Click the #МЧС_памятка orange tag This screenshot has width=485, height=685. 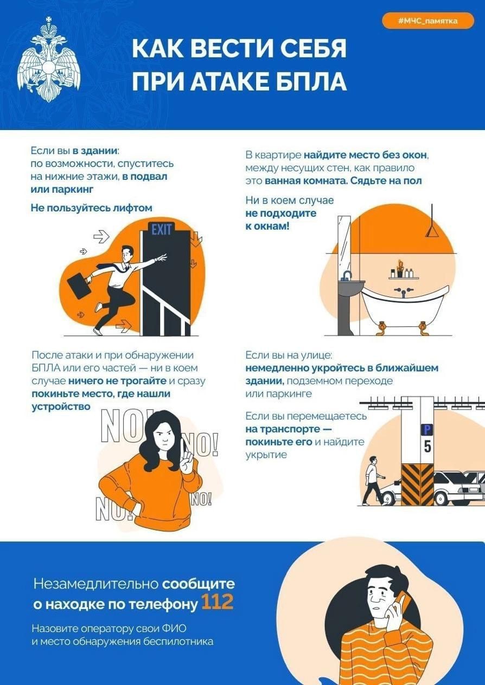[428, 21]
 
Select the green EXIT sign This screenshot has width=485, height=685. [161, 230]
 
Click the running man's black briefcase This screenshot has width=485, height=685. [79, 284]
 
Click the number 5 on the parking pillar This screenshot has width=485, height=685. [427, 447]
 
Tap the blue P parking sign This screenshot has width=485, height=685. [427, 430]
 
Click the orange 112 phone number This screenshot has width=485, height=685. [217, 602]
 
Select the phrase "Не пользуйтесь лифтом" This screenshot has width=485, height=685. [92, 208]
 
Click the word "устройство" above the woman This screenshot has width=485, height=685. [61, 406]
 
